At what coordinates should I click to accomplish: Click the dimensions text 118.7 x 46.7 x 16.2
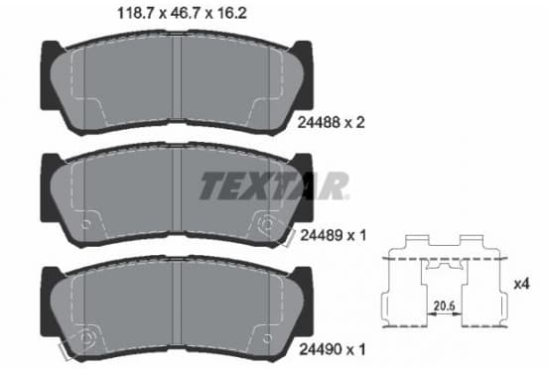point(182,13)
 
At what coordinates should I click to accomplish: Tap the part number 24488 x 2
point(331,123)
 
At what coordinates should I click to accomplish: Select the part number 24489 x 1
point(333,236)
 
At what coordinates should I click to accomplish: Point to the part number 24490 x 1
point(333,349)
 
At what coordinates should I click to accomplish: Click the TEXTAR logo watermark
point(274,186)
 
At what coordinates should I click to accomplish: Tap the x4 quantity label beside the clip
point(522,284)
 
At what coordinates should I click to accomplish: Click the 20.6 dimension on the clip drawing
point(444,306)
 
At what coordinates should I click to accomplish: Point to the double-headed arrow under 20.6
point(444,314)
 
